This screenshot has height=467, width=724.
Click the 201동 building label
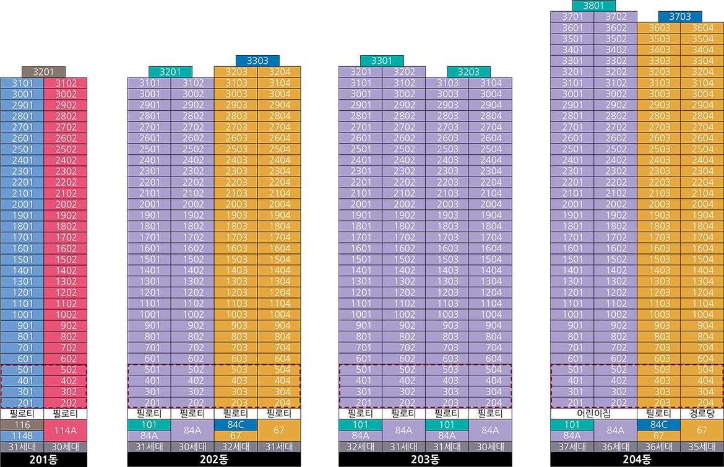[x=43, y=460]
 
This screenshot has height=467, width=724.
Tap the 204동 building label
[x=637, y=460]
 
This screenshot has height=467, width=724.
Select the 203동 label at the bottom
[x=425, y=460]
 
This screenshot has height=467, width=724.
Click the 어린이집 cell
[x=593, y=413]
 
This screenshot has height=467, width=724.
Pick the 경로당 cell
[x=702, y=413]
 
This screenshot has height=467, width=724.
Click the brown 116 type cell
[x=22, y=425]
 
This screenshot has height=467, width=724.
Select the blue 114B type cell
[x=22, y=435]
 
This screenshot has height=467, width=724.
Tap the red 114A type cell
[x=65, y=430]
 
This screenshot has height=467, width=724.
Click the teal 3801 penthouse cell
[x=593, y=6]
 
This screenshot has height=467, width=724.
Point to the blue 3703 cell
[x=680, y=17]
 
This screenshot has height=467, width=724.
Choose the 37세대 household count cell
[x=572, y=446]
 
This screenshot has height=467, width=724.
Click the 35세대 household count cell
[x=702, y=446]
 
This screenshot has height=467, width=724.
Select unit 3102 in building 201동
[x=65, y=83]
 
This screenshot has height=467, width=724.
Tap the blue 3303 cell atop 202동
[x=257, y=61]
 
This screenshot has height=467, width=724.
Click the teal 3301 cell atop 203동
[x=382, y=61]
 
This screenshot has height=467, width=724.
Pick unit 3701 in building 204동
[x=572, y=17]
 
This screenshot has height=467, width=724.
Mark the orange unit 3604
[x=702, y=28]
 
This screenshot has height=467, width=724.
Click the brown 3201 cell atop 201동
[x=43, y=72]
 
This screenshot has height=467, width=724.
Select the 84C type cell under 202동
[x=236, y=425]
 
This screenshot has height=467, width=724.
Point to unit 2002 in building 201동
[x=65, y=204]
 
